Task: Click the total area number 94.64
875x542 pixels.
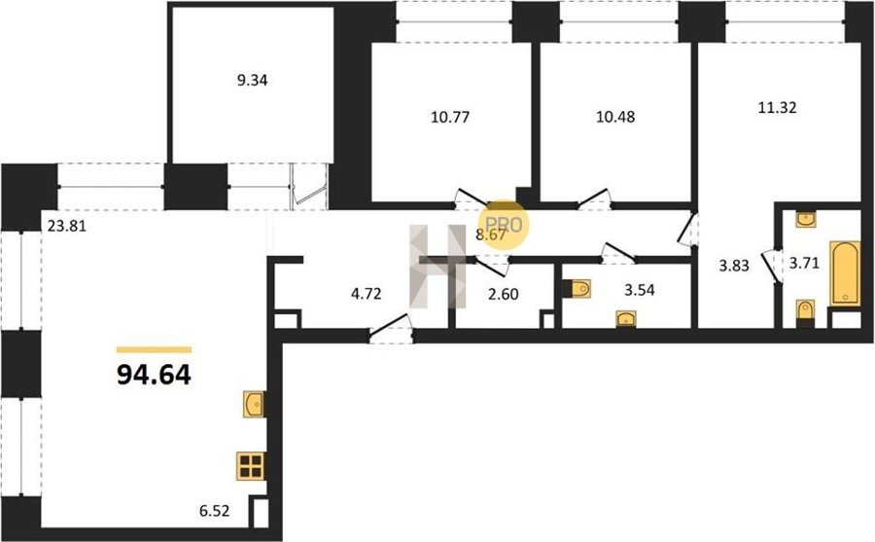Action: point(154,375)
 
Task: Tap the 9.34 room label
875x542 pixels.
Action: point(252,81)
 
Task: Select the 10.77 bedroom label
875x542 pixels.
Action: point(450,118)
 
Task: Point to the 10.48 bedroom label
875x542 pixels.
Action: point(615,117)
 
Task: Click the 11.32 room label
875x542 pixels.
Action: point(777,107)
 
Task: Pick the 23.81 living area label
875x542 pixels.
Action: point(67,227)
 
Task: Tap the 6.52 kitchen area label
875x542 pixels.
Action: point(214,511)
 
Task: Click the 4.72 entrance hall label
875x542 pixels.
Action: point(367,294)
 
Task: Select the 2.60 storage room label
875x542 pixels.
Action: point(504,294)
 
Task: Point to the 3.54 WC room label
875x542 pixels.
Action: point(639,290)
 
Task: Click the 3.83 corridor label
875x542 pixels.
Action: point(733,266)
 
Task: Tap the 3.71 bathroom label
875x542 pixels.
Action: point(804,263)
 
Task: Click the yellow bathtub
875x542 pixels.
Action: point(844,273)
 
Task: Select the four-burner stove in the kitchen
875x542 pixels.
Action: point(251,466)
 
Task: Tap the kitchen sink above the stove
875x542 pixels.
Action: point(254,404)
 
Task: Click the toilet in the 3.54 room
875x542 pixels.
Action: point(578,289)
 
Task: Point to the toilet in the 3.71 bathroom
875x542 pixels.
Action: point(805,311)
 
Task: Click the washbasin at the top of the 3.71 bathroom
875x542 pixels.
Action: point(805,220)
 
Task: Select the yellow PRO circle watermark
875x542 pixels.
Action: point(504,224)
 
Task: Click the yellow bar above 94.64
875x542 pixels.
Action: point(154,349)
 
